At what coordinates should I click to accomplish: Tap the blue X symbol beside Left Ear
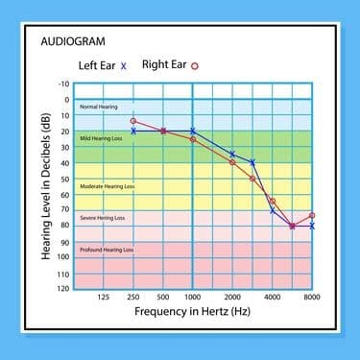(x=123, y=66)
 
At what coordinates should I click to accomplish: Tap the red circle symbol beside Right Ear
(x=195, y=66)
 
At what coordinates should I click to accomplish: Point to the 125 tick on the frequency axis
(x=104, y=297)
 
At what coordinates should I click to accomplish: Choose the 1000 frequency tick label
(x=193, y=297)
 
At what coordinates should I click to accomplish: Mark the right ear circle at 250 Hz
(x=133, y=121)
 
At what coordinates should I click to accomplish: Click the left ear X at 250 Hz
(x=133, y=131)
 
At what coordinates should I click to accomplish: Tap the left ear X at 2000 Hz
(x=232, y=154)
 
